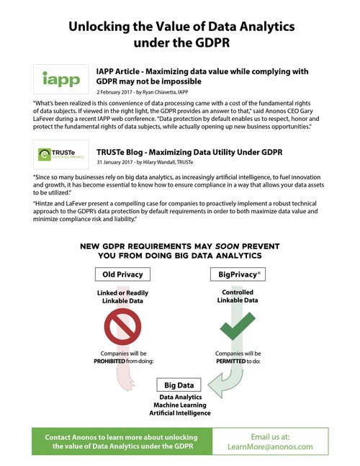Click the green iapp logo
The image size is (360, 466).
pos(60,79)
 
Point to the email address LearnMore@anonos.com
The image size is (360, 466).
pos(287,446)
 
